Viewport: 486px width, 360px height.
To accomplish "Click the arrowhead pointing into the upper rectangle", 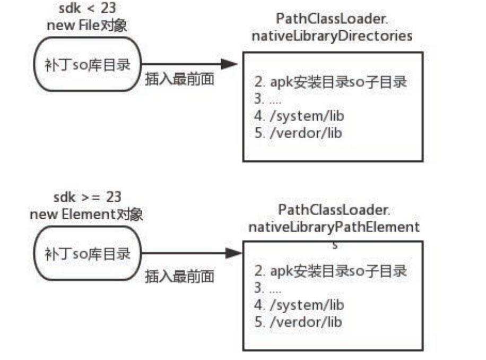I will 229,64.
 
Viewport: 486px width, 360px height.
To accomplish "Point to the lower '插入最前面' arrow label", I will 180,277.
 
